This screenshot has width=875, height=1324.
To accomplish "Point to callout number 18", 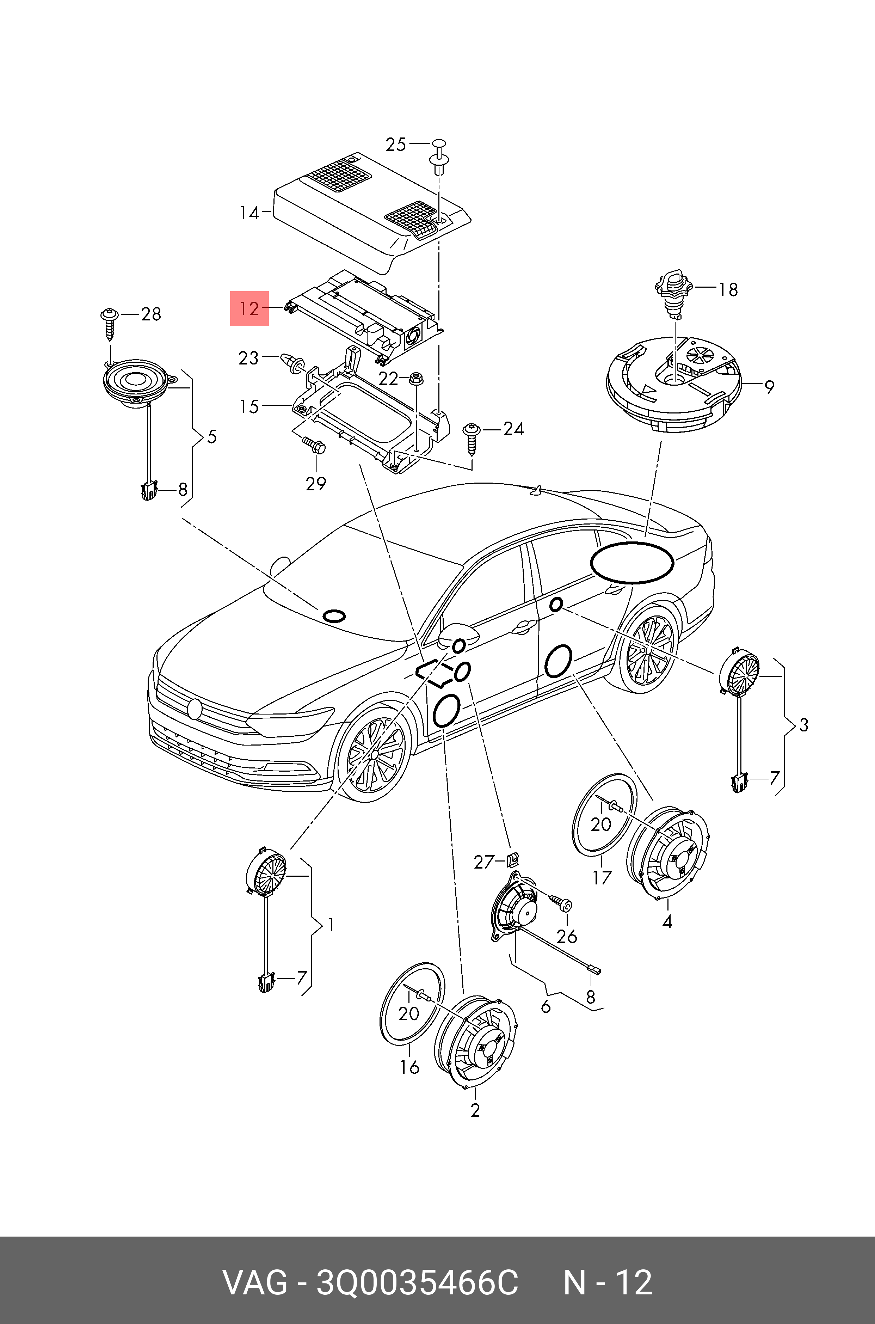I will pyautogui.click(x=728, y=290).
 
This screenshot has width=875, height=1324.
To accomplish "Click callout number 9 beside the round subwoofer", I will pyautogui.click(x=769, y=386).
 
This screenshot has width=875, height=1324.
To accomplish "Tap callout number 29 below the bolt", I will pyautogui.click(x=316, y=483).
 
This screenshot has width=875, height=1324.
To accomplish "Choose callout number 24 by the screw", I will pyautogui.click(x=513, y=429).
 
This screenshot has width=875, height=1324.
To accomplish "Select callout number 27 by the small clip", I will pyautogui.click(x=484, y=862).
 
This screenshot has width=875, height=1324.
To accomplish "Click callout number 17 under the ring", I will pyautogui.click(x=602, y=878).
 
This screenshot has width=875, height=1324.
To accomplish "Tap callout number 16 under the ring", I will pyautogui.click(x=409, y=1067).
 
